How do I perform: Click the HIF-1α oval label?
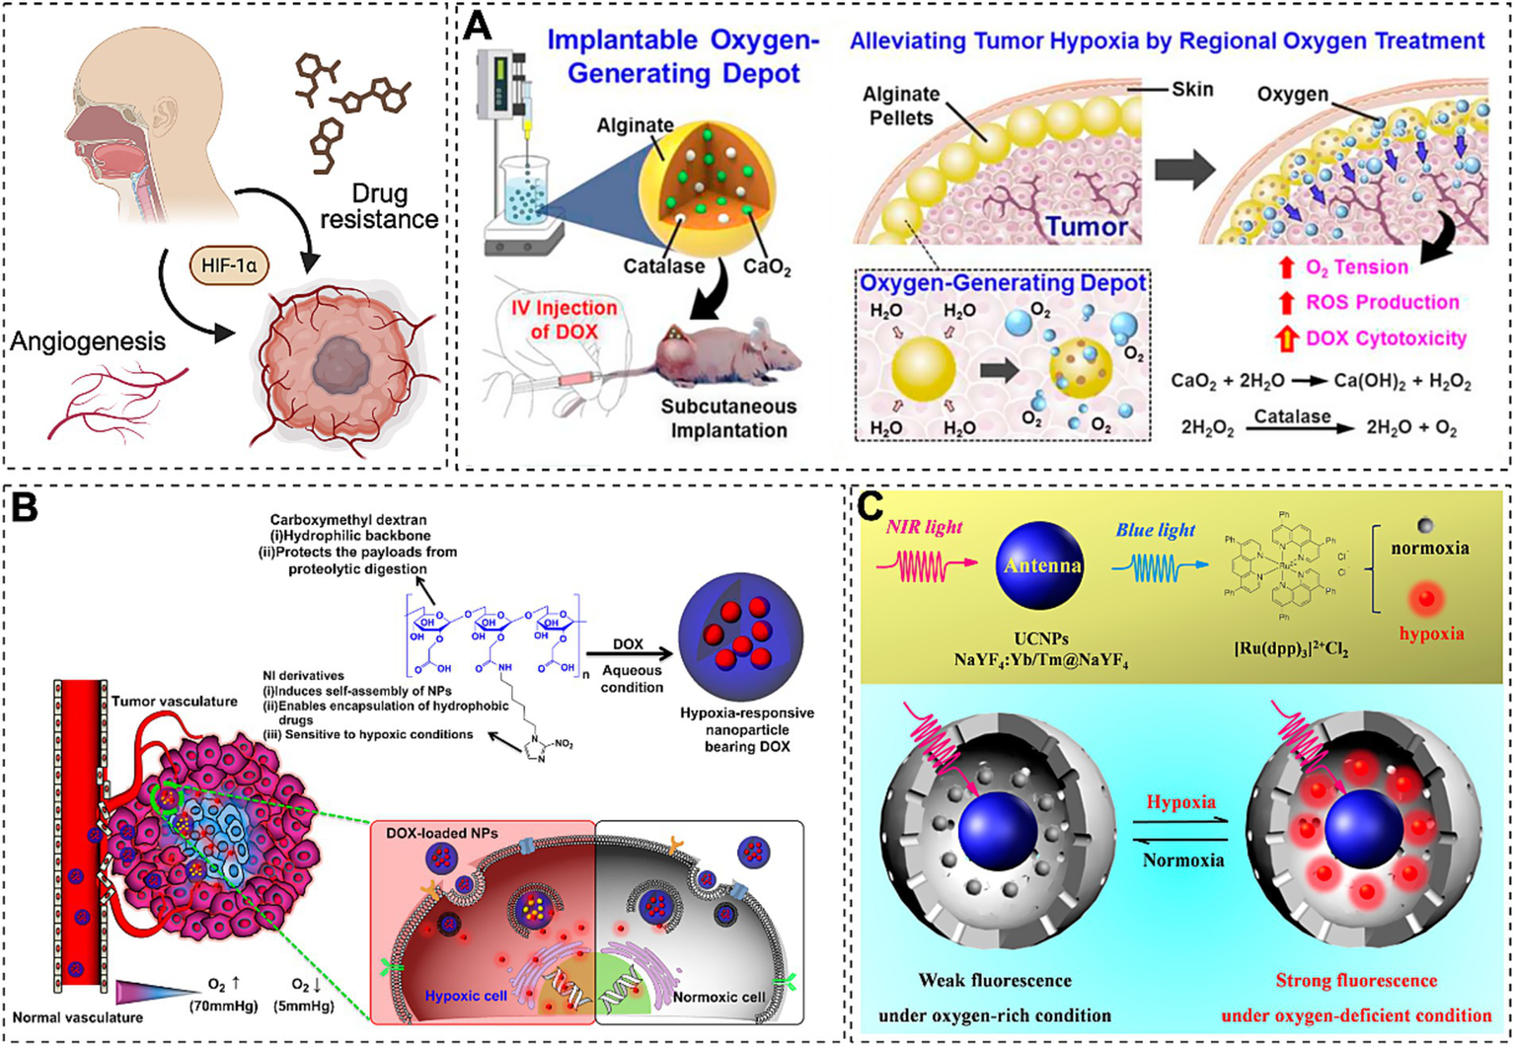228,265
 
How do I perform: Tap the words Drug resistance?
379,205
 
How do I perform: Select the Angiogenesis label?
88,341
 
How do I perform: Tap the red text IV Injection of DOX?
564,319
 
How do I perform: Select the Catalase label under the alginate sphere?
663,265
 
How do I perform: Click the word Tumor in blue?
1086,227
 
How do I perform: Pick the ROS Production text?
1382,302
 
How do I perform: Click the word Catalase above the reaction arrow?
1292,415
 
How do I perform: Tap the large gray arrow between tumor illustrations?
1184,169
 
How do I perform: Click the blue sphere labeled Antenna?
1041,565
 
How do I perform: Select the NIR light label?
924,527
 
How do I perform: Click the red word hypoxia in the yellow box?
1431,633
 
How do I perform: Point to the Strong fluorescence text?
1355,980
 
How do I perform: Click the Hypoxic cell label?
465,995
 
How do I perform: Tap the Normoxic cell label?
719,996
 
